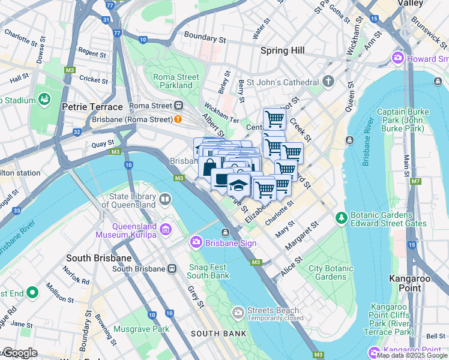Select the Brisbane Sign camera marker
(x=196, y=243)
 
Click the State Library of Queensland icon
(x=164, y=199)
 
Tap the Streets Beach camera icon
(x=238, y=312)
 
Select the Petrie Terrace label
(x=92, y=107)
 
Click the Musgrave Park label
(x=142, y=329)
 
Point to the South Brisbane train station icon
(x=172, y=268)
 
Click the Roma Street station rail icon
(x=178, y=106)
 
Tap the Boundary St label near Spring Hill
(x=205, y=37)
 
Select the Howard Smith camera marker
(x=397, y=59)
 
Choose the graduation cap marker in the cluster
(x=238, y=185)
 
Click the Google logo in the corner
(x=19, y=353)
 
